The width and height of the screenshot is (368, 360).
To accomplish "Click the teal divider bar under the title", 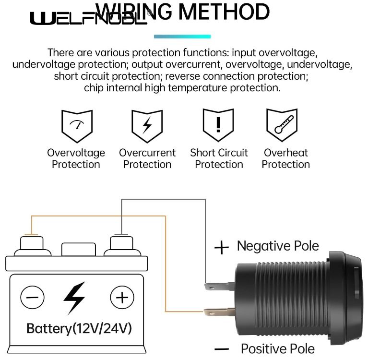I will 182,36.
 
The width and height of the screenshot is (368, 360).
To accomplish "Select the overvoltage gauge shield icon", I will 76,126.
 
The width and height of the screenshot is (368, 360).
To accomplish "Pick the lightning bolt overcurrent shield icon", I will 147,126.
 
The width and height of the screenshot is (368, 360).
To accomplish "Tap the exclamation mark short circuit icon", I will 218,125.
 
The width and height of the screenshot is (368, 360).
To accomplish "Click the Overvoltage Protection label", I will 76,159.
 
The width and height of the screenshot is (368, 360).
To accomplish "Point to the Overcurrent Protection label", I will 147,159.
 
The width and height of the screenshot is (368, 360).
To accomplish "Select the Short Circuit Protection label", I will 219,159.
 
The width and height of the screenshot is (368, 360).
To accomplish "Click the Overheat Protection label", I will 285,159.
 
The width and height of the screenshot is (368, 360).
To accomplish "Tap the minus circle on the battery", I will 32,297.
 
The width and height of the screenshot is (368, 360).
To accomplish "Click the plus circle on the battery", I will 122,297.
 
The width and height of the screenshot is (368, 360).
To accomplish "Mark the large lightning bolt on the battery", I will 75,298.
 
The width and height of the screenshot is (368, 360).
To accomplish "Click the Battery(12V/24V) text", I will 79,329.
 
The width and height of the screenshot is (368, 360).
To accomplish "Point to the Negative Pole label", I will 278,246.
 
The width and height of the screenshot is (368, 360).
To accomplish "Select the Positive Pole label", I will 278,349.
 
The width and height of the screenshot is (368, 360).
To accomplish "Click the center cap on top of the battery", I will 76,249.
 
